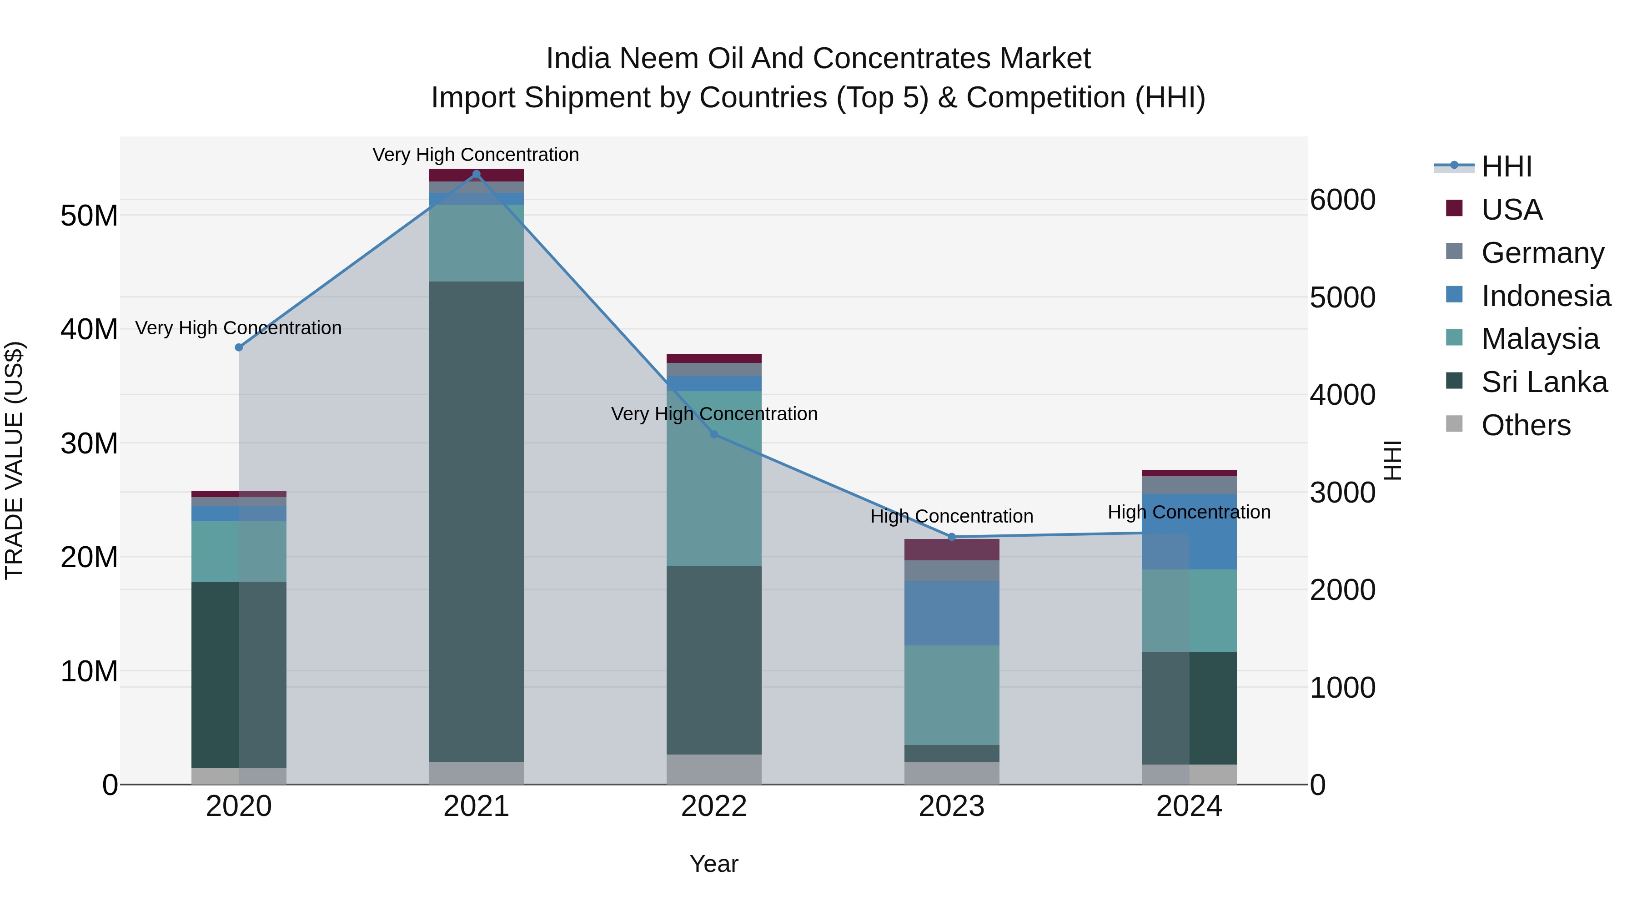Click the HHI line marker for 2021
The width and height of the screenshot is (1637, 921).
click(476, 174)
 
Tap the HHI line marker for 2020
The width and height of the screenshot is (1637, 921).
click(239, 347)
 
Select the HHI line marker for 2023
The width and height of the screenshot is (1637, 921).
click(951, 537)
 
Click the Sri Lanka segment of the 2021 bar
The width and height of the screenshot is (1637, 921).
click(476, 521)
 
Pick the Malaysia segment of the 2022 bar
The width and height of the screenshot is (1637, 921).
click(713, 478)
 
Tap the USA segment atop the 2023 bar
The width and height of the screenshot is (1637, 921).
click(951, 549)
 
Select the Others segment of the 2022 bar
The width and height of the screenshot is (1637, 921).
click(713, 769)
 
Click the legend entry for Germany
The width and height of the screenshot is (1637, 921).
click(1542, 253)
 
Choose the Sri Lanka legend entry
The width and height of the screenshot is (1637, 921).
click(1544, 382)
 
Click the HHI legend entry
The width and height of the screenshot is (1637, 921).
click(1506, 166)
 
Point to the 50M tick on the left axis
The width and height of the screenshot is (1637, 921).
click(89, 216)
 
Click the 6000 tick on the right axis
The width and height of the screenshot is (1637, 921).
click(1343, 200)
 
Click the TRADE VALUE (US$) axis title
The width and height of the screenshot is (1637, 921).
click(14, 460)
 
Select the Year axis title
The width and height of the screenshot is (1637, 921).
click(713, 864)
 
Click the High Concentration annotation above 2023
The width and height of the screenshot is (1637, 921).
click(951, 516)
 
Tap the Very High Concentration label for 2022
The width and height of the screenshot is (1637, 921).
click(713, 414)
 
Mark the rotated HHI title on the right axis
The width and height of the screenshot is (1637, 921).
click(1392, 460)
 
